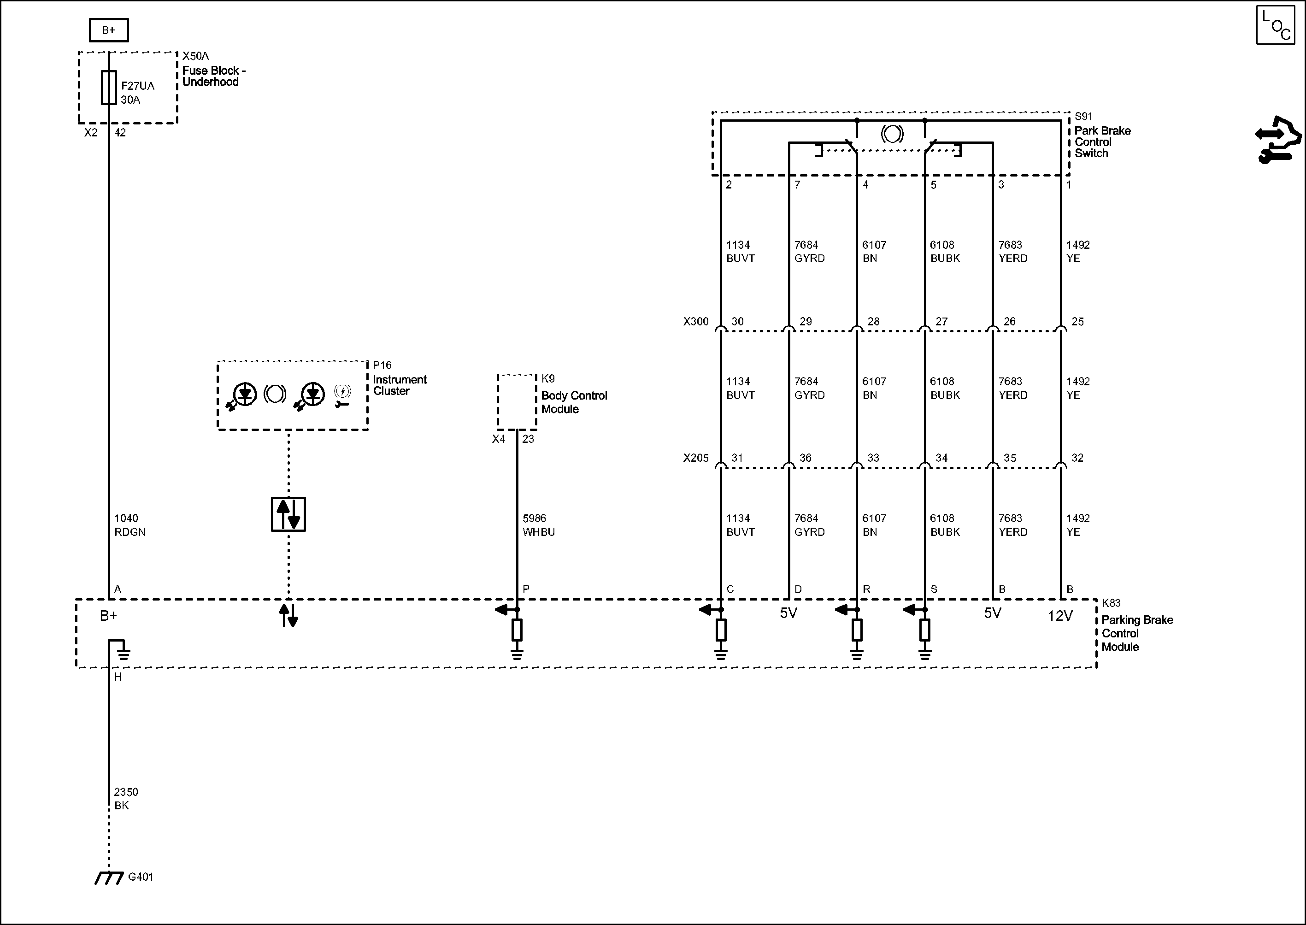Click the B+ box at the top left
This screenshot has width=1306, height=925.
pyautogui.click(x=109, y=30)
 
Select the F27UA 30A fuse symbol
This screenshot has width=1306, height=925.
pyautogui.click(x=109, y=88)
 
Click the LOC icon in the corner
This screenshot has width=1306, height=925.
pyautogui.click(x=1276, y=24)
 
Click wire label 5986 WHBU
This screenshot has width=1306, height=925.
pyautogui.click(x=539, y=524)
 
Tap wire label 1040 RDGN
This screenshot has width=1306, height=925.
pyautogui.click(x=130, y=524)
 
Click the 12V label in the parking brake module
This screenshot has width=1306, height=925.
pyautogui.click(x=1060, y=616)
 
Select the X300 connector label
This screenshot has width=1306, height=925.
pyautogui.click(x=696, y=322)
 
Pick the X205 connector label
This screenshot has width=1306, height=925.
pyautogui.click(x=696, y=458)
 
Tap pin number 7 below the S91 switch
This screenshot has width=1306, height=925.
pyautogui.click(x=797, y=184)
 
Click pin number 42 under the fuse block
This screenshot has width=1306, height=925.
pyautogui.click(x=120, y=133)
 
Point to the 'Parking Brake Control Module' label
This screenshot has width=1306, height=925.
pyautogui.click(x=1137, y=633)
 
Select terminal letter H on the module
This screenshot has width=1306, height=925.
pyautogui.click(x=118, y=677)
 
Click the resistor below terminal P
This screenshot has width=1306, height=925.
pyautogui.click(x=517, y=630)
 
